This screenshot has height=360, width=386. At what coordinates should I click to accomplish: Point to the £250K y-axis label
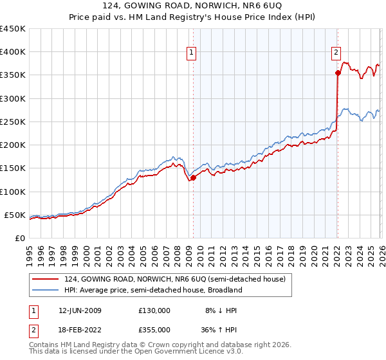pos(13,122)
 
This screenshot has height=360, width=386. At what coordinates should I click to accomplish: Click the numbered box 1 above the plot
pos(192,53)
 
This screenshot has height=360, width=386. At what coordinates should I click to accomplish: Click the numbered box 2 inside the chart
pos(336,53)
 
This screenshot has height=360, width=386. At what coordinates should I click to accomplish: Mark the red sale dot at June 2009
pos(193,178)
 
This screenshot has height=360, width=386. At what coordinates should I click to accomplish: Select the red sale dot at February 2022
pos(337,73)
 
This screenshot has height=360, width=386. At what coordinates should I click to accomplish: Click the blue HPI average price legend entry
pos(152,290)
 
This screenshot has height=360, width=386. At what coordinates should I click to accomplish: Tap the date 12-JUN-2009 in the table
pos(80,310)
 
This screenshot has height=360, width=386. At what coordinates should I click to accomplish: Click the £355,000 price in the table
pos(154,330)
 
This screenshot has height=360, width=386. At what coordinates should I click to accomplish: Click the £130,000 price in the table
pos(154,310)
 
